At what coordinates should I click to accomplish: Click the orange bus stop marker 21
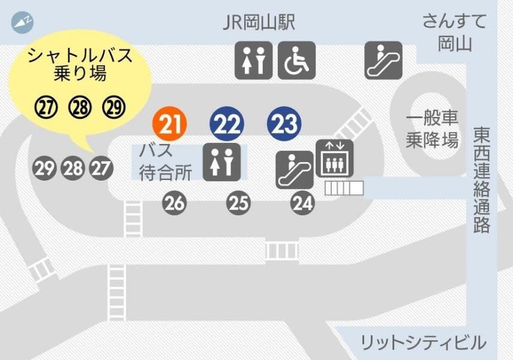170,124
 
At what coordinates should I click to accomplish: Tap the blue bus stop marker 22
227,124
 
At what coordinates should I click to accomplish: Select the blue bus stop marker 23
283,124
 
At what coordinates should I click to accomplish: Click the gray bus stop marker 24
302,204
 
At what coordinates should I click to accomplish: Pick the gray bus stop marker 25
238,204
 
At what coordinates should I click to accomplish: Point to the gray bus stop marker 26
175,204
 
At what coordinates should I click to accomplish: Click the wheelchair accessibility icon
297,60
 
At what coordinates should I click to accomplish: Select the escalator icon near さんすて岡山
383,60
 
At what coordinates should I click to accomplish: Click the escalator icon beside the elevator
295,169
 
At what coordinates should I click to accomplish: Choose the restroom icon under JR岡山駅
253,60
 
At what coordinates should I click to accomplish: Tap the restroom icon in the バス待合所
221,162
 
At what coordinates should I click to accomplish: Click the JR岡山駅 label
259,22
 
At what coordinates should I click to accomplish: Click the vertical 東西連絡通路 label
481,180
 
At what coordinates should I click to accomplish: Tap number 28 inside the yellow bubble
79,107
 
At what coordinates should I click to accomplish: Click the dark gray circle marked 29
44,169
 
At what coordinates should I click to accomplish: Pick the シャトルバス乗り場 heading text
80,65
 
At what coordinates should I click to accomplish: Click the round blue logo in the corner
22,22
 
